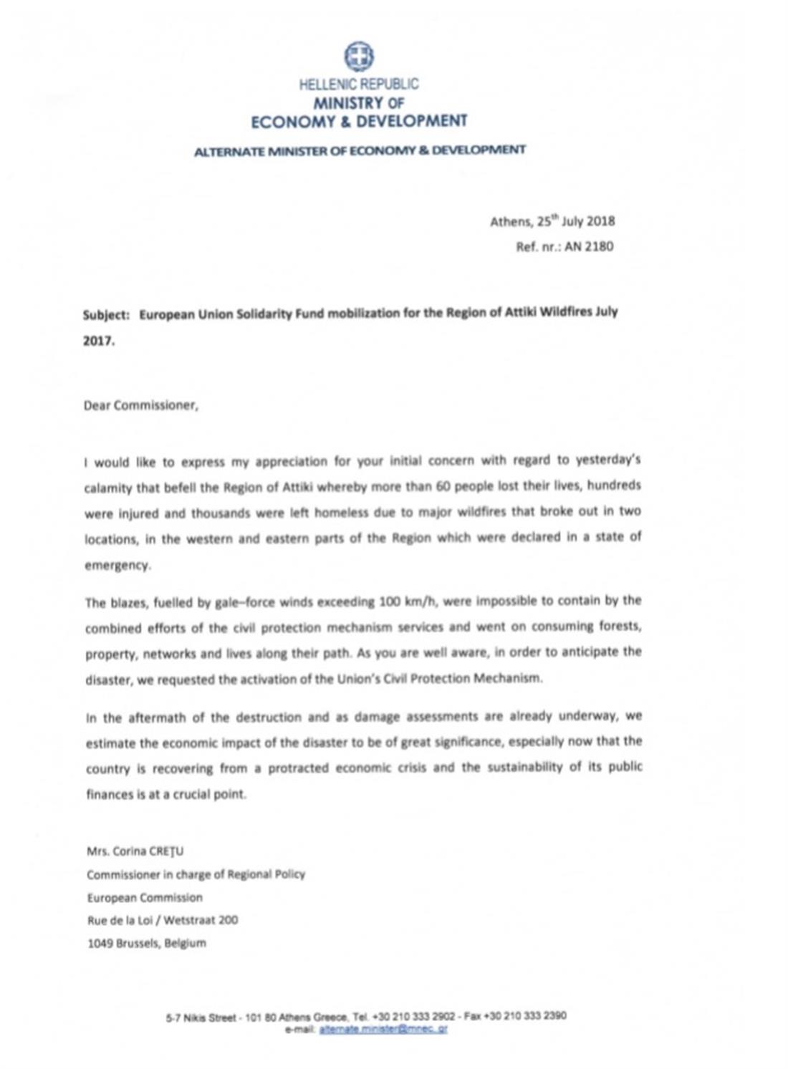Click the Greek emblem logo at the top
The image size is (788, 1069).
[x=358, y=57]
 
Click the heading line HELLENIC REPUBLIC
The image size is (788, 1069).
[x=359, y=84]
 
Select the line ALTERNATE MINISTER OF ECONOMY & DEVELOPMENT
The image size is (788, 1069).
[x=360, y=150]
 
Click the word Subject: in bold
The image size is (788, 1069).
[x=106, y=314]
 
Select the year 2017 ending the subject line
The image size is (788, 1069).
[x=98, y=341]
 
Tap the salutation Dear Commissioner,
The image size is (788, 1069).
[x=141, y=405]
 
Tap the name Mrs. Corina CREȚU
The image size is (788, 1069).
[x=135, y=851]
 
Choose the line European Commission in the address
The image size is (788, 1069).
[x=145, y=897]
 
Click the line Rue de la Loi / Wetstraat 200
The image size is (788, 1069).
[x=163, y=920]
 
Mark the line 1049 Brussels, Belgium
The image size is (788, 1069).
[x=147, y=943]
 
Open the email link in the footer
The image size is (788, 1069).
[x=383, y=1029]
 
